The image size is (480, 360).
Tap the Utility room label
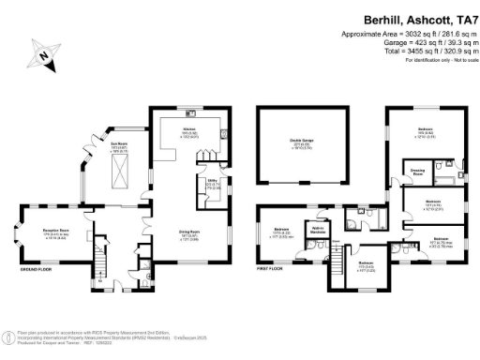point(213,185)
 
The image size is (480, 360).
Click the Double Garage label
point(302,142)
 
